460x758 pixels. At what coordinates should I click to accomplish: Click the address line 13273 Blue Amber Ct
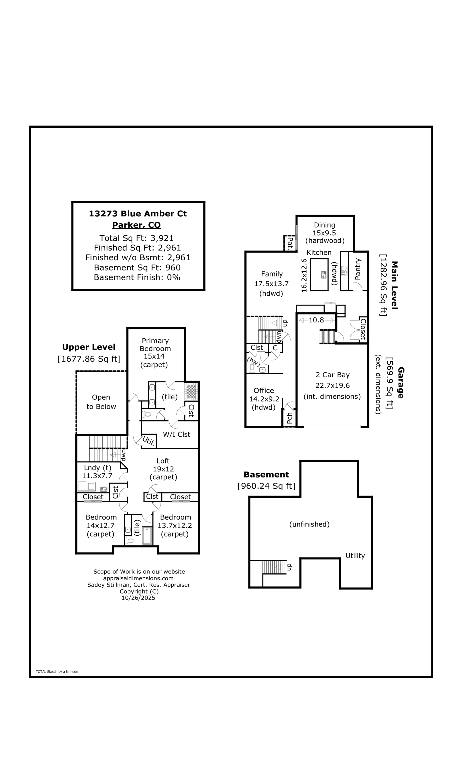(x=138, y=213)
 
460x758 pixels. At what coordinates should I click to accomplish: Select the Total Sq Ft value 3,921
(x=162, y=238)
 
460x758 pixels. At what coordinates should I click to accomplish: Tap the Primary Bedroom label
(x=155, y=345)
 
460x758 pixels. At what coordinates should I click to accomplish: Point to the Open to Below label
(x=101, y=402)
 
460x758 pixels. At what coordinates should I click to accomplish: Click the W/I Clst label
(x=177, y=434)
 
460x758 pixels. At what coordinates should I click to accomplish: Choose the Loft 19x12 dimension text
(x=163, y=469)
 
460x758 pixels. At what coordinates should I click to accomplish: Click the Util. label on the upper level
(x=149, y=441)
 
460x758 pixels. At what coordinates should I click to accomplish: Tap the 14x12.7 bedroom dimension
(x=101, y=526)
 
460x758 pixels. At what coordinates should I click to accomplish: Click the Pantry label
(x=357, y=269)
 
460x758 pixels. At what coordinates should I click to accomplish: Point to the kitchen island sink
(x=323, y=274)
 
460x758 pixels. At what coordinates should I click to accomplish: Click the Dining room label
(x=324, y=225)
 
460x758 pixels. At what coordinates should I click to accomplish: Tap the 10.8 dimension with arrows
(x=317, y=320)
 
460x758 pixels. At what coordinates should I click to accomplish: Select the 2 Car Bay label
(x=333, y=375)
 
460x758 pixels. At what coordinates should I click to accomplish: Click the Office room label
(x=264, y=390)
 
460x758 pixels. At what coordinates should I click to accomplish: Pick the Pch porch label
(x=289, y=418)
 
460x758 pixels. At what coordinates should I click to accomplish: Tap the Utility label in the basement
(x=355, y=555)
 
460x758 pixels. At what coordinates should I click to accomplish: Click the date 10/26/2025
(x=138, y=598)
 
